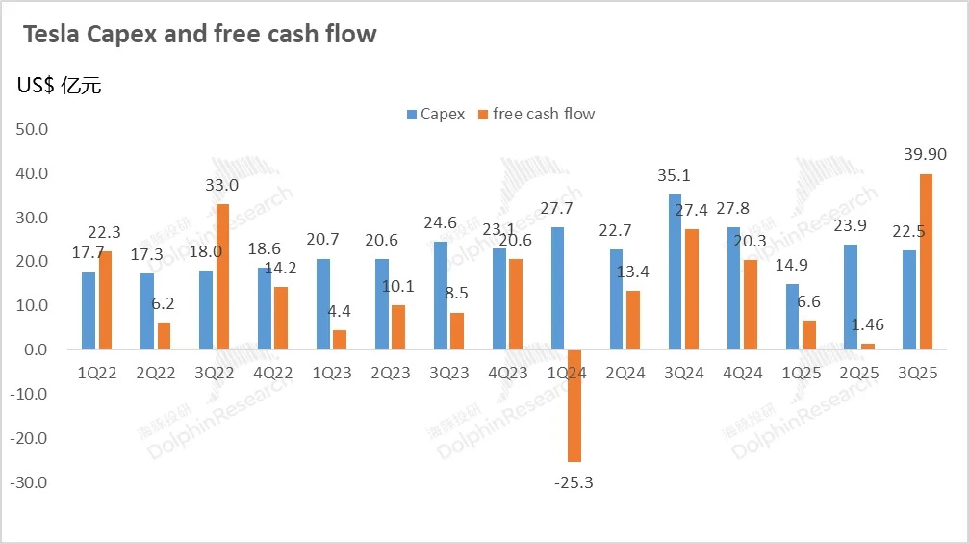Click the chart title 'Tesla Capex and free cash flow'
tap(199, 35)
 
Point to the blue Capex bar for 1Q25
tap(791, 317)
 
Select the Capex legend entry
tap(434, 114)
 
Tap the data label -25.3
tap(574, 481)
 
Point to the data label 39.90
tap(924, 155)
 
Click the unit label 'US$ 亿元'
tap(59, 85)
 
